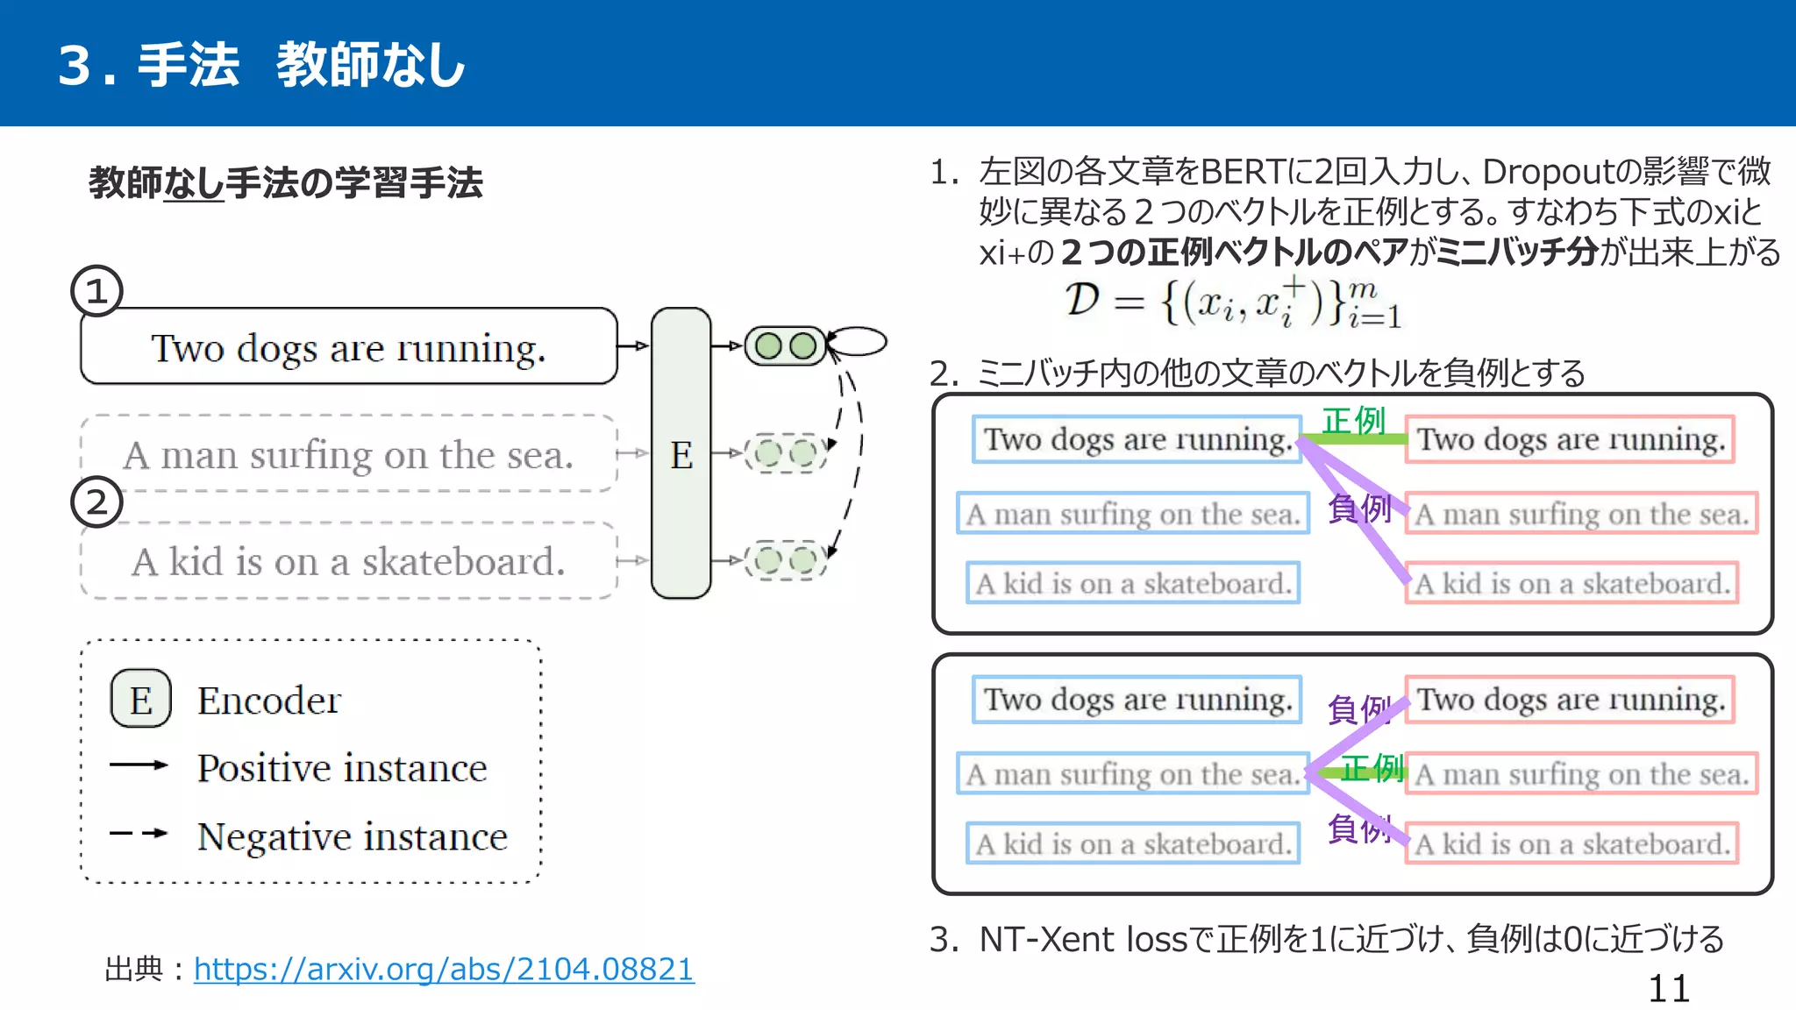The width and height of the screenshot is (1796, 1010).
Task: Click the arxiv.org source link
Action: pyautogui.click(x=444, y=969)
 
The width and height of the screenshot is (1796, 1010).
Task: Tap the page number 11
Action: pyautogui.click(x=1668, y=989)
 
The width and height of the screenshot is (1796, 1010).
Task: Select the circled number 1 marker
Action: pyautogui.click(x=96, y=291)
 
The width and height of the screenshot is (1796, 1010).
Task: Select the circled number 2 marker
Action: pyautogui.click(x=96, y=501)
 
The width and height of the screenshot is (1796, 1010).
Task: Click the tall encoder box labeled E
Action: pyautogui.click(x=681, y=453)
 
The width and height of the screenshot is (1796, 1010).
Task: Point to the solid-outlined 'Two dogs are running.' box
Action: pyautogui.click(x=348, y=346)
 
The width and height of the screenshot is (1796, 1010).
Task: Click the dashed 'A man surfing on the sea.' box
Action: pyautogui.click(x=348, y=454)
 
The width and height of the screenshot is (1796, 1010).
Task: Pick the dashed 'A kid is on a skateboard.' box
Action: pyautogui.click(x=348, y=561)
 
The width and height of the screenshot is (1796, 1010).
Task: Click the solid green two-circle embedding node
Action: pyautogui.click(x=785, y=346)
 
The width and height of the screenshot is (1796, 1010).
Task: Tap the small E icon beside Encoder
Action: pyautogui.click(x=140, y=700)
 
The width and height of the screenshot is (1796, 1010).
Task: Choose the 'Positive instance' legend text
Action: pyautogui.click(x=342, y=768)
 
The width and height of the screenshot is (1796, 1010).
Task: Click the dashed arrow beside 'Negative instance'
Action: pyautogui.click(x=139, y=833)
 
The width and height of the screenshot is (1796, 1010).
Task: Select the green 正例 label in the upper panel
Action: pyautogui.click(x=1353, y=420)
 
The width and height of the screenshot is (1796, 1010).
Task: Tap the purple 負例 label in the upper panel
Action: pyautogui.click(x=1358, y=508)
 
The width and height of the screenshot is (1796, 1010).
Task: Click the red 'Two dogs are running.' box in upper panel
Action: pyautogui.click(x=1570, y=439)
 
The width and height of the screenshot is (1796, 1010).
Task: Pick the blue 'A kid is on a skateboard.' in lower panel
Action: pyautogui.click(x=1133, y=843)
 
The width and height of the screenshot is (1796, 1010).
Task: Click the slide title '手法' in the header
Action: pyautogui.click(x=189, y=65)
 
